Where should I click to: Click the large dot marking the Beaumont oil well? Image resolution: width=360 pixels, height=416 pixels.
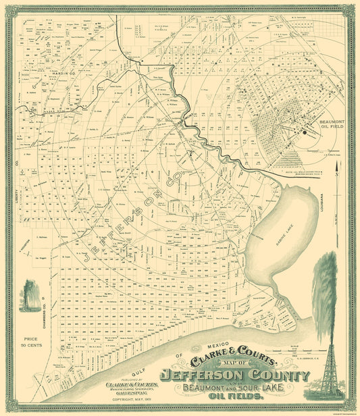pos(305,133)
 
